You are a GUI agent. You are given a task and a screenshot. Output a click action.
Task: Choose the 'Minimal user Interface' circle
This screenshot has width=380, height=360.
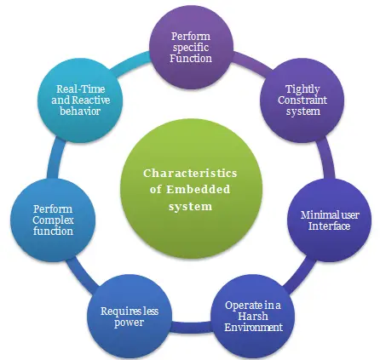(x=329, y=220)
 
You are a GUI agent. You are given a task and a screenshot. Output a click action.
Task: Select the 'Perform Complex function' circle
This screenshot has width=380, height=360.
(x=53, y=220)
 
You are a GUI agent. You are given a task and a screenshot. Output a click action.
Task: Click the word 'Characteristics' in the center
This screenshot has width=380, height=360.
(x=190, y=173)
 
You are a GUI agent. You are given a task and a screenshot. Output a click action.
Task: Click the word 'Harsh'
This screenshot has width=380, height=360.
(x=253, y=316)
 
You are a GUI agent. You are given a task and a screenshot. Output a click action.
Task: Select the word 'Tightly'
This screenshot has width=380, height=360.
(x=302, y=88)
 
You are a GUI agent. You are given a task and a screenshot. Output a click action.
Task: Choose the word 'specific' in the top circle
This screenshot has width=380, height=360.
(x=191, y=49)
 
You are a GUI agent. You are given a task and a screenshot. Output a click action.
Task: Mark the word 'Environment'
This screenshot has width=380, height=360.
(x=253, y=327)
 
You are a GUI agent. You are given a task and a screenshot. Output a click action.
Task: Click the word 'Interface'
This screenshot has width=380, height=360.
(x=329, y=226)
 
